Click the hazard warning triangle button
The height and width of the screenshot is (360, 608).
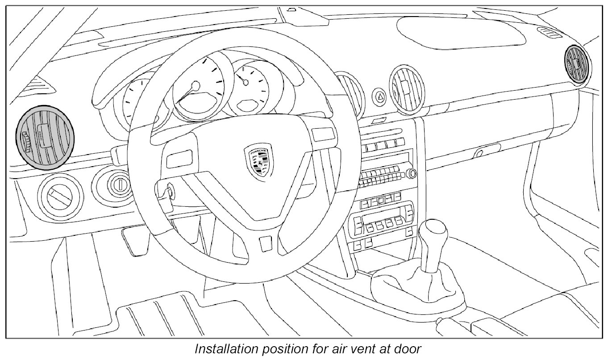point(380,96)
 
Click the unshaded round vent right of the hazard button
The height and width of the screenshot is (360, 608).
point(406,88)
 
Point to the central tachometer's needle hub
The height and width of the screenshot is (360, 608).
point(195,85)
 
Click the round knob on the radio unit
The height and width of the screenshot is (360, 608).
point(411,173)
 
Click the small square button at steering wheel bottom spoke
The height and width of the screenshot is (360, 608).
point(265,243)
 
